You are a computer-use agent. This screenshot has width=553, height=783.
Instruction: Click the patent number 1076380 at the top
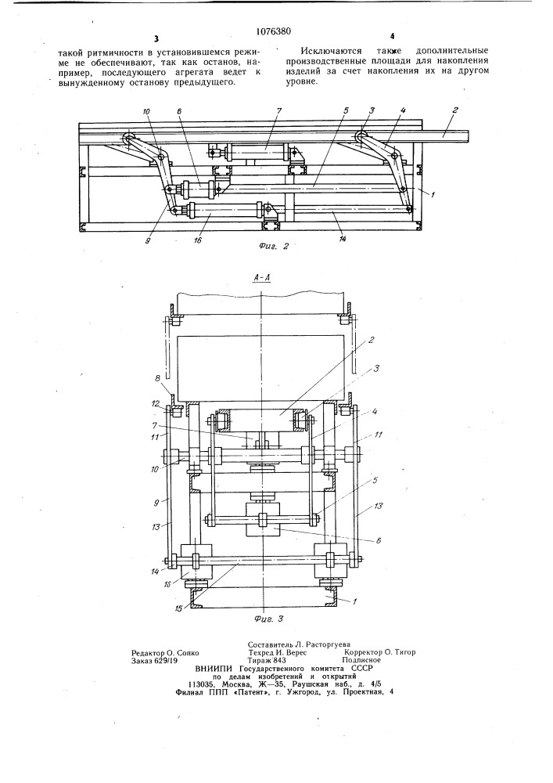coord(273,32)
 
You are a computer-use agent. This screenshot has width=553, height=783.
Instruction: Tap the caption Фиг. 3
coord(268,619)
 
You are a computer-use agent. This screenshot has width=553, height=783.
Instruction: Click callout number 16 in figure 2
coord(198,240)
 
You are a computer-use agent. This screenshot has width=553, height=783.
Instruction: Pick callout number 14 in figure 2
coord(343,239)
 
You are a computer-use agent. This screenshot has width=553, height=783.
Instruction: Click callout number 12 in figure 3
coord(156,403)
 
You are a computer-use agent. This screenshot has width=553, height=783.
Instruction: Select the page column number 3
coord(156,39)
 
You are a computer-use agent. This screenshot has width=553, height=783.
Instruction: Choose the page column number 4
coord(393,36)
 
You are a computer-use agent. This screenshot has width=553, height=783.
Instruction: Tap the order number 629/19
coord(165,660)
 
